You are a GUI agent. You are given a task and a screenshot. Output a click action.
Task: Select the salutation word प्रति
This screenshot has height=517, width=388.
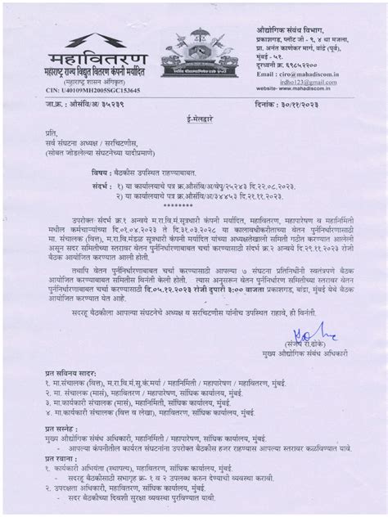(52, 133)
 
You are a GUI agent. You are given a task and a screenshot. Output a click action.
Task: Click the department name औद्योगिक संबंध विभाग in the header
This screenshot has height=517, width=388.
(290, 29)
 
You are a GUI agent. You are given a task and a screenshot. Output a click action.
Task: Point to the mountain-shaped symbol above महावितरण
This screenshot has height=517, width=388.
(97, 40)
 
